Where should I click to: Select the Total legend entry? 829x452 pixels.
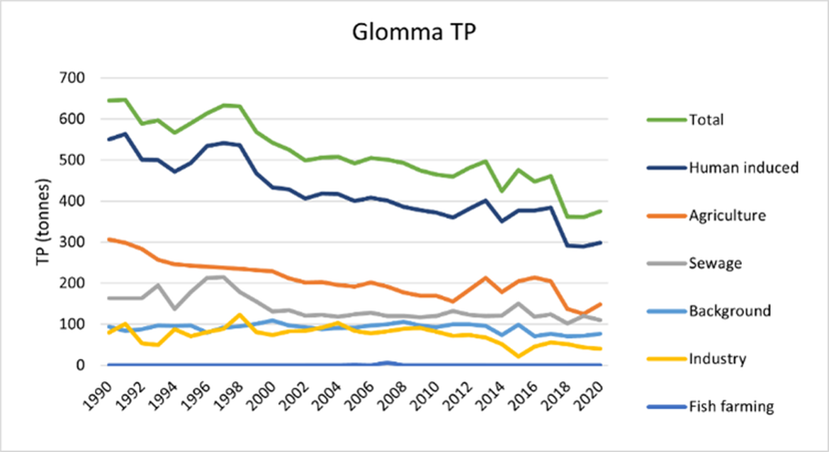[x=706, y=120]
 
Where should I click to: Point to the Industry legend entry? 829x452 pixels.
[x=717, y=358]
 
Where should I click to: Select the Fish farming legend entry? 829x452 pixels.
[x=730, y=407]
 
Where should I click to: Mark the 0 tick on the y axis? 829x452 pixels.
[x=89, y=366]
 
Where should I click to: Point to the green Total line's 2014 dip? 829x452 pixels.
[x=502, y=191]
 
